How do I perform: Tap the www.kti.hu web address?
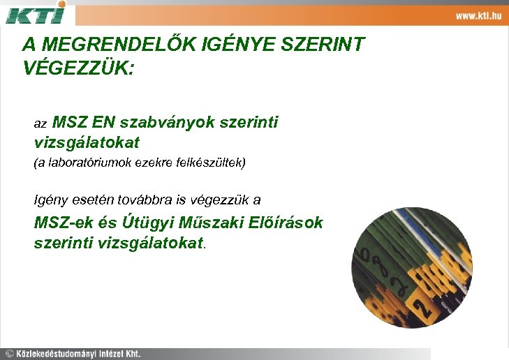point(478,15)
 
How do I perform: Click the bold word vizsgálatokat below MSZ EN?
point(87,142)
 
